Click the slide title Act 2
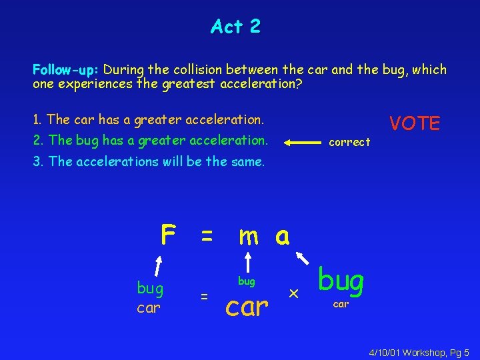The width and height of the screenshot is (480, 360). pos(235,27)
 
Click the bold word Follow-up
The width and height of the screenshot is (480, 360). pos(66,69)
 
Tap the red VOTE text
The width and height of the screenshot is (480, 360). pos(415,123)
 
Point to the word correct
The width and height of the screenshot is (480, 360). pos(349,142)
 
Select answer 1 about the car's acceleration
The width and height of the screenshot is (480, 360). pos(148,120)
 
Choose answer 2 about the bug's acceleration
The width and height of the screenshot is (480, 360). pos(150,141)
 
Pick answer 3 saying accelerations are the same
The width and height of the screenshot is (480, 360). pos(148,161)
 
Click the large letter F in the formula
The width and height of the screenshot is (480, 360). pos(168,234)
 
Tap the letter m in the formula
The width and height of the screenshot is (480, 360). pos(249,235)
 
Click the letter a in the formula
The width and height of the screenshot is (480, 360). pos(282,235)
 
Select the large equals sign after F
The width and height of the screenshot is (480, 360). pos(207,235)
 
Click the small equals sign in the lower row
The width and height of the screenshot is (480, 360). pos(205,295)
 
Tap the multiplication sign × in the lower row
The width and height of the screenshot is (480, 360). pos(292,294)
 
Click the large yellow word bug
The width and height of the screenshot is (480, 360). pos(341,281)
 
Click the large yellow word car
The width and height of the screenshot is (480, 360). pos(248,306)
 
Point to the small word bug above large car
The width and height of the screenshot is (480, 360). pos(247,281)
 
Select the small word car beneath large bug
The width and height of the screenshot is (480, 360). pos(341,304)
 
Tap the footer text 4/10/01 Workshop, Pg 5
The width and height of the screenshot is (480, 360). pos(419,351)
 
